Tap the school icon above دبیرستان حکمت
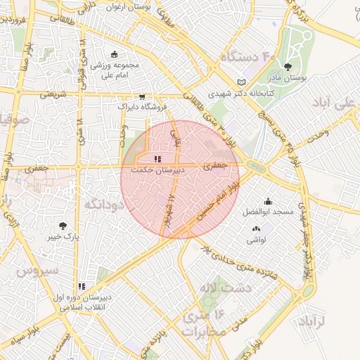click(x=157, y=160)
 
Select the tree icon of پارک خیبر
click(x=63, y=226)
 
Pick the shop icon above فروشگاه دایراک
click(x=143, y=97)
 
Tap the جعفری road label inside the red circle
click(x=213, y=167)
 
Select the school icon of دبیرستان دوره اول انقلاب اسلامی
click(x=82, y=287)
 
